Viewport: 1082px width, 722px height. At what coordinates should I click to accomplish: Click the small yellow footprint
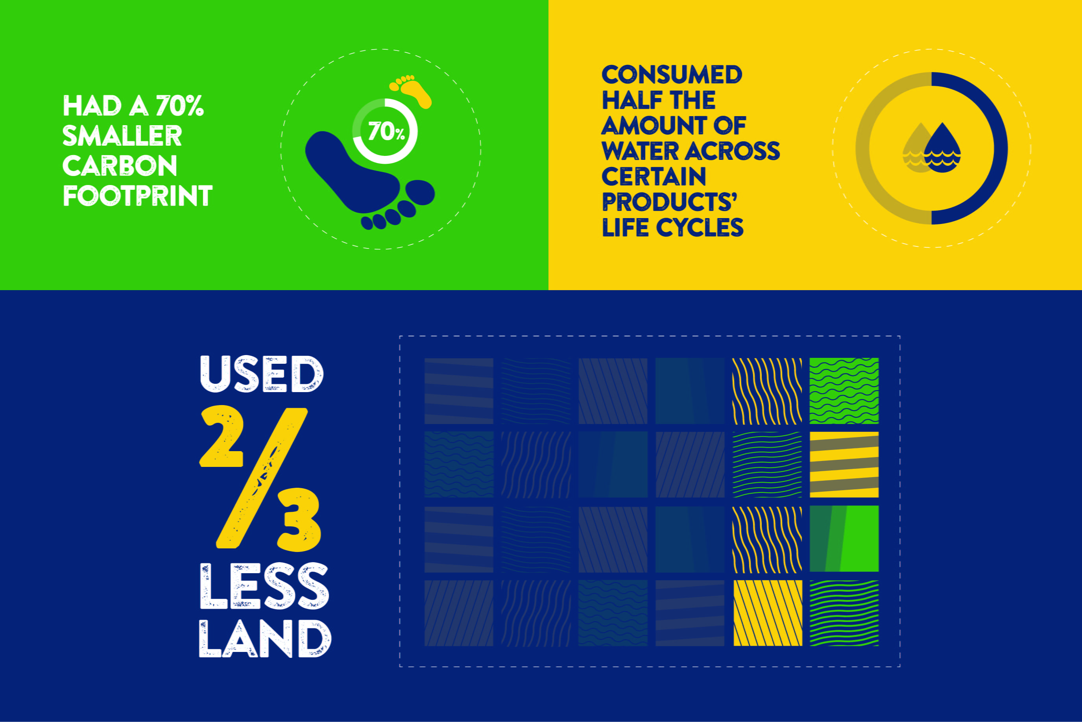click(x=411, y=92)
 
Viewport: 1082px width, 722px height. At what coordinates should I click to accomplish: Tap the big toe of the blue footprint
click(x=420, y=193)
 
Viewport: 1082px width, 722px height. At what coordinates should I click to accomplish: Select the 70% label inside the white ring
click(x=386, y=132)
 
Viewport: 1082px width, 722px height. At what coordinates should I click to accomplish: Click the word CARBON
click(x=120, y=166)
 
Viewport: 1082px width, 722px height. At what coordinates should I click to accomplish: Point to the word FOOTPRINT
click(x=138, y=196)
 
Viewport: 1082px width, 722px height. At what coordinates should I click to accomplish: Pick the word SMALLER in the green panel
click(x=122, y=136)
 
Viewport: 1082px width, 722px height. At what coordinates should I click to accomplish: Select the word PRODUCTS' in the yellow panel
click(x=670, y=202)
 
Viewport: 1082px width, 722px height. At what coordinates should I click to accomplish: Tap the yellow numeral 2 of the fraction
click(x=222, y=436)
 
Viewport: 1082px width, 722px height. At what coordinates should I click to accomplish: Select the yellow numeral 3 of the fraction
click(x=299, y=520)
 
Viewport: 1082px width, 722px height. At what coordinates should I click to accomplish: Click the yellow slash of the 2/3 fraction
click(x=261, y=478)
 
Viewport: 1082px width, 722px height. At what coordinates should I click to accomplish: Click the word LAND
click(x=265, y=639)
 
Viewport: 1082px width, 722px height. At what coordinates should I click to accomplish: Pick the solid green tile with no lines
click(x=844, y=539)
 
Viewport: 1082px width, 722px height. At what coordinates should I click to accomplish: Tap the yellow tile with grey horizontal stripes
click(x=844, y=465)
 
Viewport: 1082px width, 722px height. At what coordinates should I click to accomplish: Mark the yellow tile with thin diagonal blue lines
click(x=768, y=613)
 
